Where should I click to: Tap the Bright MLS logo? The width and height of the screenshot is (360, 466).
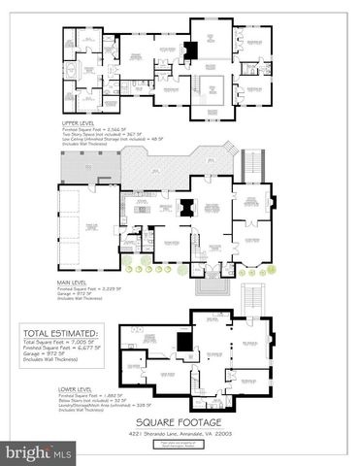(x=38, y=452)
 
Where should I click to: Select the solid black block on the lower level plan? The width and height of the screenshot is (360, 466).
(x=183, y=342)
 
